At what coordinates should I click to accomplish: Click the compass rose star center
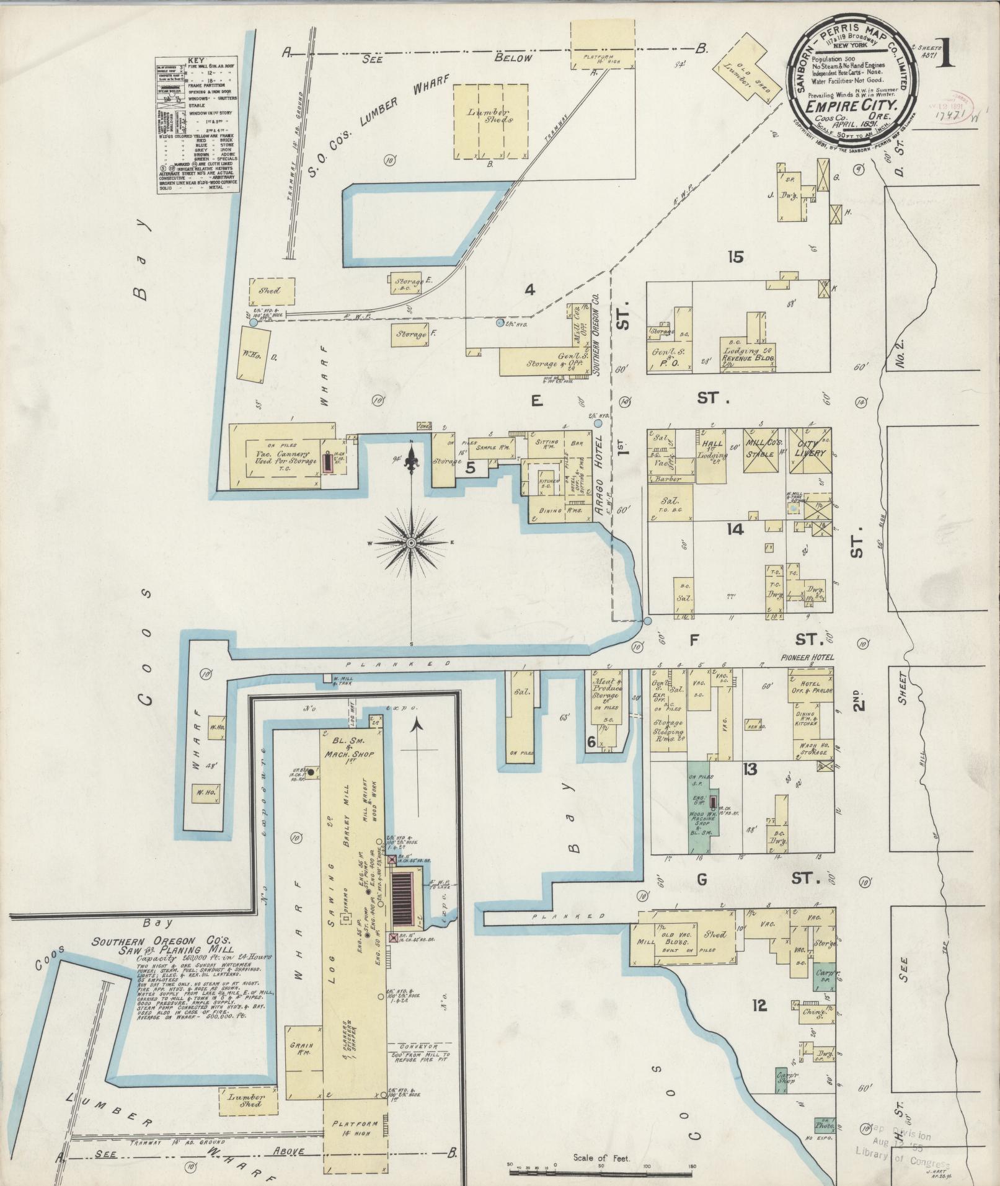click(x=411, y=543)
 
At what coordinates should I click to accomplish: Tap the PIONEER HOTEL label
click(x=804, y=658)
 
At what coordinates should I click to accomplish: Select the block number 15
click(x=735, y=257)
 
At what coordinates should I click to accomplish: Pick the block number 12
click(x=759, y=1005)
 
